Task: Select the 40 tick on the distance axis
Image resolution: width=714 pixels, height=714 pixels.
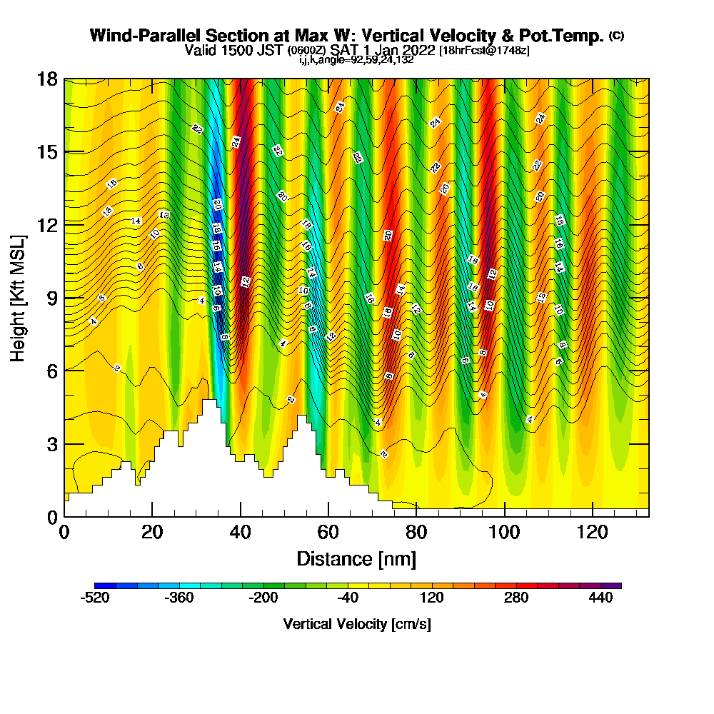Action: tap(241, 532)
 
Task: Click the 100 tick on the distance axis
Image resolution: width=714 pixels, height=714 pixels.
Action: tap(505, 532)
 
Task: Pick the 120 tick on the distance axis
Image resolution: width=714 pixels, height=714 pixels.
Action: tap(593, 532)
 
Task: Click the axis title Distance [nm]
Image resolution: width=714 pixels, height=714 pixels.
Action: tap(356, 558)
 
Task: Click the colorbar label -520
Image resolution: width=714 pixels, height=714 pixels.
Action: tap(95, 598)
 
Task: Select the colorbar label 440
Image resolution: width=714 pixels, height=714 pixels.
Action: tap(601, 598)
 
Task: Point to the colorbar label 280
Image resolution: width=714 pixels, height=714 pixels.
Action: tap(517, 598)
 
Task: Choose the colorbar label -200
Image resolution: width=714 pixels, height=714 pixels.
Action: tap(263, 598)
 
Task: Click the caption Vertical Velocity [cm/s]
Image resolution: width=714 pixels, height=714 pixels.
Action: tap(357, 624)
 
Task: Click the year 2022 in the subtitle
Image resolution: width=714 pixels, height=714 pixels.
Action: tap(419, 51)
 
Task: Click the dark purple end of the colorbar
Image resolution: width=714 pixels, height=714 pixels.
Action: tap(615, 585)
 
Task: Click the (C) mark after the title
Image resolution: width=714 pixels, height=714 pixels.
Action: tap(616, 35)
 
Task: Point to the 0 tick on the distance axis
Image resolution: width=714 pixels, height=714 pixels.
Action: tap(64, 532)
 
